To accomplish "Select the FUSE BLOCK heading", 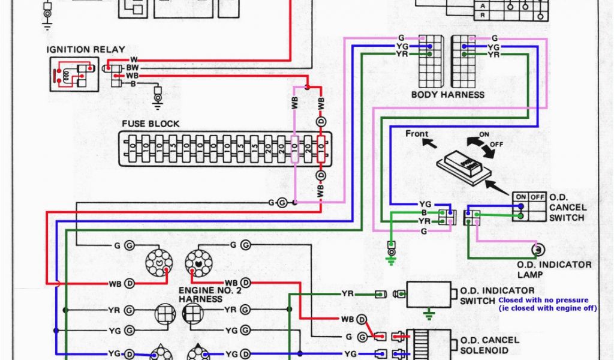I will (x=151, y=124).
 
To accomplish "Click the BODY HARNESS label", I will (x=447, y=95).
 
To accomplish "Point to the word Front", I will (x=417, y=133).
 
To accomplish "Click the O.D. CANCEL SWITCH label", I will (x=567, y=206).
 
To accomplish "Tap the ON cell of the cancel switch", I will (x=520, y=196).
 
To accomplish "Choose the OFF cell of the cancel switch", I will (x=537, y=196).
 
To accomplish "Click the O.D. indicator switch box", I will (x=429, y=294).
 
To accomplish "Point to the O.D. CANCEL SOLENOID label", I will (x=489, y=345).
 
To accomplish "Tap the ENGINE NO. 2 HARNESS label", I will (x=206, y=295).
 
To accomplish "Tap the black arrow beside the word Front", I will (x=428, y=144).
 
